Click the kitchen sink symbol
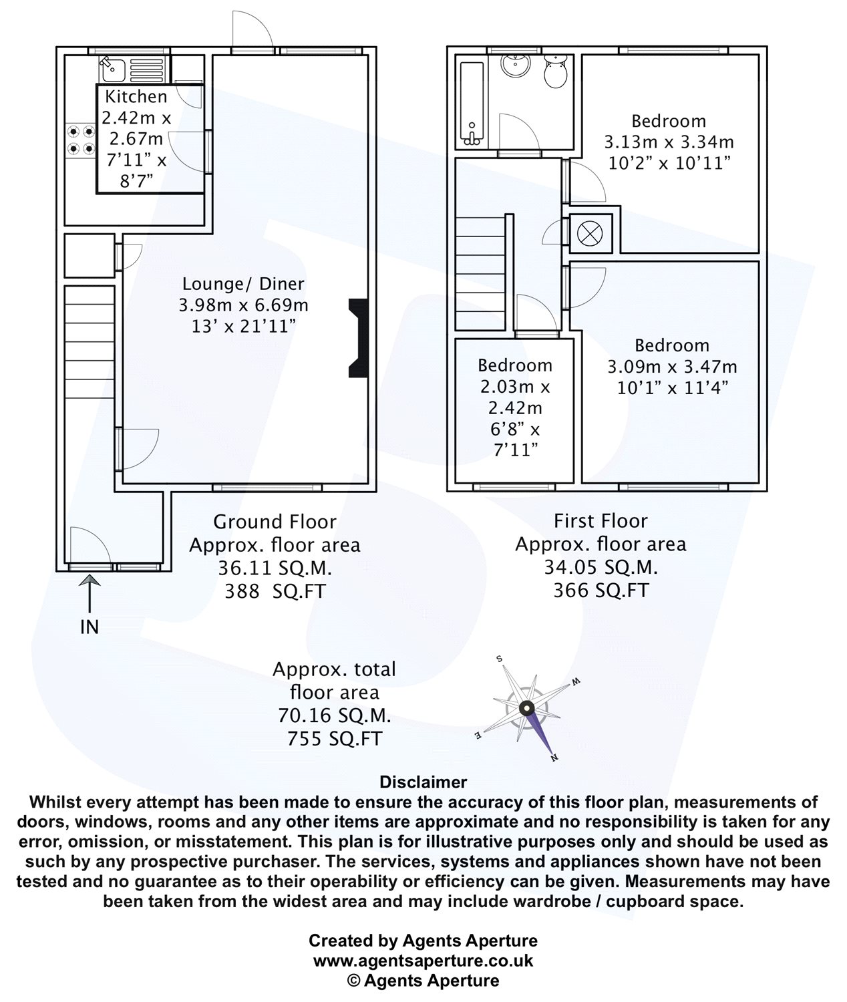[x=113, y=66]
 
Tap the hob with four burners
[x=80, y=140]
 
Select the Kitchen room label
[x=136, y=97]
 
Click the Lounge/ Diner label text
[x=244, y=284]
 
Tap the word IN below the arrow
[x=89, y=627]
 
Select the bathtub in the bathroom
[x=472, y=104]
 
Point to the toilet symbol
[x=555, y=71]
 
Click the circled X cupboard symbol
[x=590, y=233]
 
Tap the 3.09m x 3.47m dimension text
[x=672, y=367]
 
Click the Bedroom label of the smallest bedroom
[x=515, y=365]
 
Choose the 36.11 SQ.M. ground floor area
[x=275, y=568]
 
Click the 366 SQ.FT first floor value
[x=601, y=590]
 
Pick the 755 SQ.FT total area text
[x=334, y=738]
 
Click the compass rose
[x=527, y=708]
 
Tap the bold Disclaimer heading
[x=423, y=782]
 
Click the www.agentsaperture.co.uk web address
[x=423, y=961]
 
